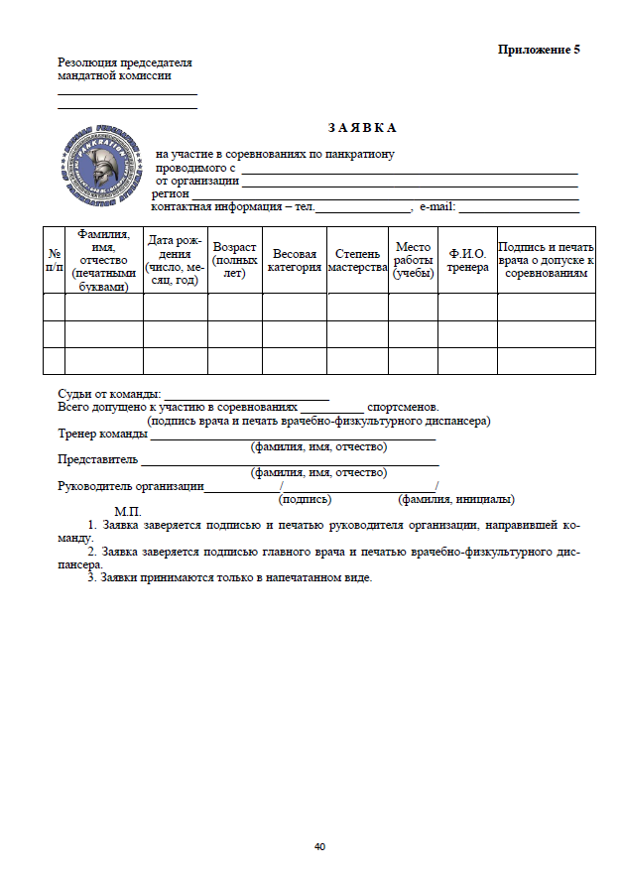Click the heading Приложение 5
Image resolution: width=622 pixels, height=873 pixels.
point(539,50)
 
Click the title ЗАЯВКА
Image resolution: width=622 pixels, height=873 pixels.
point(362,128)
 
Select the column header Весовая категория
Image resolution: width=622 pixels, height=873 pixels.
point(295,260)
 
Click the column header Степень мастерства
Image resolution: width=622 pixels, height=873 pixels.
point(357,260)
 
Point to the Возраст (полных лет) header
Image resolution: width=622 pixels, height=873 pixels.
point(234,260)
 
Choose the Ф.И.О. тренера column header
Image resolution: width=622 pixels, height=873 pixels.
point(467,260)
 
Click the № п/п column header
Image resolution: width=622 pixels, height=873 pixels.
point(55,260)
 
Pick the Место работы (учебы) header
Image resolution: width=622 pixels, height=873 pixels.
point(413,260)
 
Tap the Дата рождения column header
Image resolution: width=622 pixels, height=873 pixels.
point(175,260)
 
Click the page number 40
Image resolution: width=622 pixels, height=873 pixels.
point(319,847)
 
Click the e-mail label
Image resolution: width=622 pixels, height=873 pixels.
point(436,207)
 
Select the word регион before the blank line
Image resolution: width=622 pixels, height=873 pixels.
point(170,194)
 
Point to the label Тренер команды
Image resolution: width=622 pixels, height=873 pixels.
point(99,434)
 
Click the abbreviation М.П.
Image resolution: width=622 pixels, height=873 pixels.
point(129,511)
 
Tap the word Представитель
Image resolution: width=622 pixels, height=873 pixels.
point(97,460)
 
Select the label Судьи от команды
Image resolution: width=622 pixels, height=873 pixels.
point(108,395)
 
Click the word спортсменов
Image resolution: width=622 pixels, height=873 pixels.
point(402,408)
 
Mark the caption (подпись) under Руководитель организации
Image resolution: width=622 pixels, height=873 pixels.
point(306,499)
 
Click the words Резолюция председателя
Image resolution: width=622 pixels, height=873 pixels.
point(124,62)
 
